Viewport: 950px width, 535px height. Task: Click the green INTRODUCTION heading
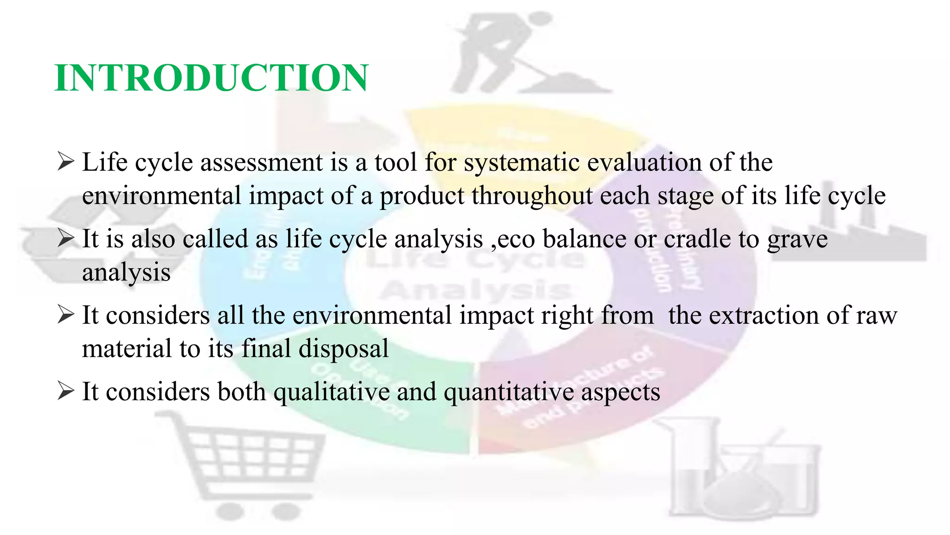pos(212,78)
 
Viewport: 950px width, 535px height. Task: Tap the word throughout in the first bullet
pos(532,196)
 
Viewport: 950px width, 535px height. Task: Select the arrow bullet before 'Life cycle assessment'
pos(65,163)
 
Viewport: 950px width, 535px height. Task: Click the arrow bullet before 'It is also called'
pos(65,239)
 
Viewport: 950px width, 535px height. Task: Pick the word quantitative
pos(508,392)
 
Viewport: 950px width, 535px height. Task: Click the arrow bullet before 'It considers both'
pos(65,391)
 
